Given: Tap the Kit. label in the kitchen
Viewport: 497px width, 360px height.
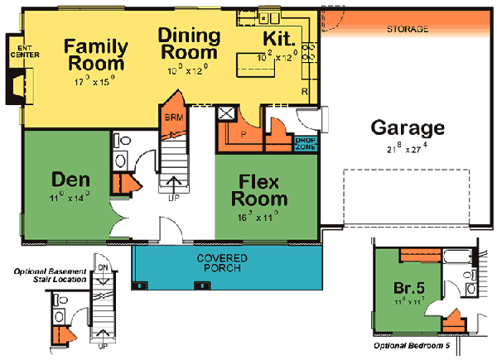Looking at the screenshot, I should [278, 39].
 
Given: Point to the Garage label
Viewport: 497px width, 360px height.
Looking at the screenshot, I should [408, 128].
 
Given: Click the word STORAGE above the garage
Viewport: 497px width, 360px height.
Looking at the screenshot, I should [408, 29].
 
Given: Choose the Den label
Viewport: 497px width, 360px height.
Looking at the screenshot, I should [70, 179].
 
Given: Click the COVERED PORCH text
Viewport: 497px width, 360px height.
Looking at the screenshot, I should [222, 263].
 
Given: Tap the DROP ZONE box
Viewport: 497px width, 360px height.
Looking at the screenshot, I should [305, 144].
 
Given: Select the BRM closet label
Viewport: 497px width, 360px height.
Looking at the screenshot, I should [174, 117].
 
